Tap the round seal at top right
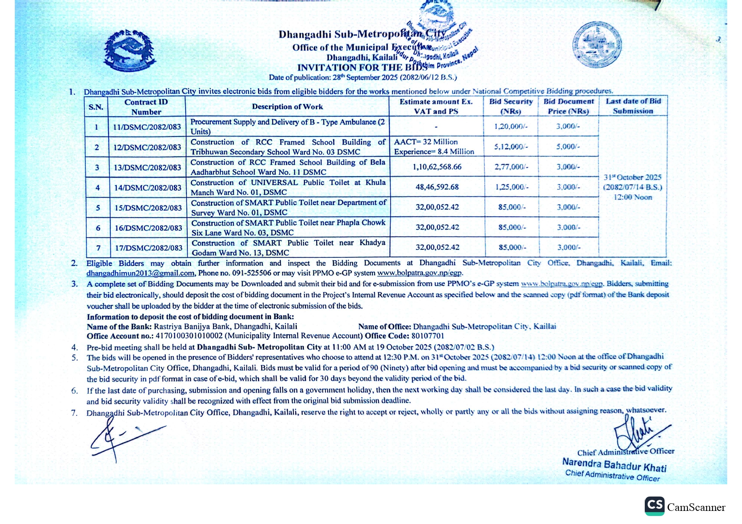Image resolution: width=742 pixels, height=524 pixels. [597, 44]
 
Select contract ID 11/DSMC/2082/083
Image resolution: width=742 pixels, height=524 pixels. [147, 127]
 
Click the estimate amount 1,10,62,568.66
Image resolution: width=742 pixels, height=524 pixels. [437, 167]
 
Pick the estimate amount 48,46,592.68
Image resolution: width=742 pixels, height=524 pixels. [437, 187]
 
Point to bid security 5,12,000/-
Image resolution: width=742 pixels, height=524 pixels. [511, 147]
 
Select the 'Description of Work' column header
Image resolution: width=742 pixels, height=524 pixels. [287, 106]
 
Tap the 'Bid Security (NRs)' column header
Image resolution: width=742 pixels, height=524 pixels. [511, 106]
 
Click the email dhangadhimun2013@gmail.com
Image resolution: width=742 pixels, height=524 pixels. [140, 273]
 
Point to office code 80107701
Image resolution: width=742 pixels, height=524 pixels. [427, 336]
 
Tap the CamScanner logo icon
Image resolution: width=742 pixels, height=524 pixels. [654, 506]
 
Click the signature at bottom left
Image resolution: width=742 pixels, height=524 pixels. [118, 439]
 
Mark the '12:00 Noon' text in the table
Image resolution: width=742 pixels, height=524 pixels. [633, 197]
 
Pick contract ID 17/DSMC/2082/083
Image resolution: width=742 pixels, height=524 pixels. [149, 248]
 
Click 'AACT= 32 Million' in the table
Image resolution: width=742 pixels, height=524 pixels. [426, 142]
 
